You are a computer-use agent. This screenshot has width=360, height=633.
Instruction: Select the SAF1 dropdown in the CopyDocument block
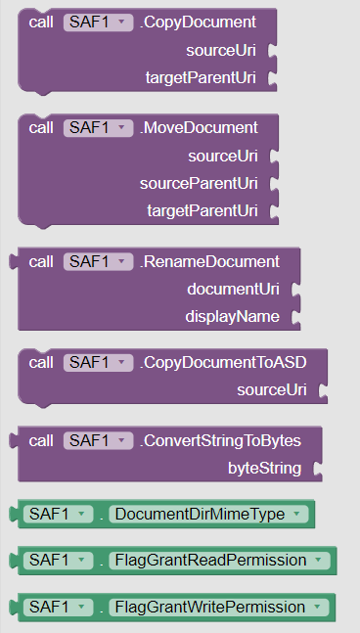[98, 21]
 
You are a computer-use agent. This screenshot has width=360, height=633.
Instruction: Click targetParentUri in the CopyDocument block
[202, 77]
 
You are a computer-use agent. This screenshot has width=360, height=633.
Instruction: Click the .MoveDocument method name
[199, 127]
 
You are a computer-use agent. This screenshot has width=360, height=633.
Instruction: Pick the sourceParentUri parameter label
[199, 183]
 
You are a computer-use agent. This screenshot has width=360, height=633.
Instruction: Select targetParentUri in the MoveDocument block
[202, 210]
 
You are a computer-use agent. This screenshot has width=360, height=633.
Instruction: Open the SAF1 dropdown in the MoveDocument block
[98, 127]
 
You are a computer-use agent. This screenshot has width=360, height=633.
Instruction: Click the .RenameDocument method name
[209, 261]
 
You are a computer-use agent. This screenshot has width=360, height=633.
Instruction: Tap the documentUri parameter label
[233, 289]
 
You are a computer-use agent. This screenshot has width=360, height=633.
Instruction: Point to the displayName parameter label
[232, 316]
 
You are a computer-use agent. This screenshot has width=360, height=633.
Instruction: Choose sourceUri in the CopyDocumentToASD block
[272, 389]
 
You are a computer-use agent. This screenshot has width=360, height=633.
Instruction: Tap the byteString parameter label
[264, 468]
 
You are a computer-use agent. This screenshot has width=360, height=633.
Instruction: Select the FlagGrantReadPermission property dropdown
[221, 560]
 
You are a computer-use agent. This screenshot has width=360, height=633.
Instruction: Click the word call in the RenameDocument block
[41, 261]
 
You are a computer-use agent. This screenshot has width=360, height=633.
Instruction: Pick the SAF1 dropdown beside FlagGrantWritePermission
[58, 607]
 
